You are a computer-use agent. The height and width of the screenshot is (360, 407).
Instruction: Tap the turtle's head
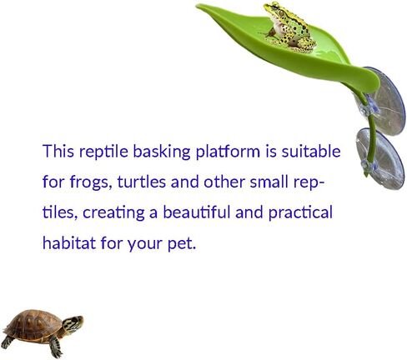point(73,323)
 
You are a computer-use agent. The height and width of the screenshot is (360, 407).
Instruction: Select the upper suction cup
point(386,102)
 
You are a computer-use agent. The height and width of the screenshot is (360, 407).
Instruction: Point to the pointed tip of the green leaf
point(197,6)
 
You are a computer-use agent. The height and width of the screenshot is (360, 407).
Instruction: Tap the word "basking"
point(162,152)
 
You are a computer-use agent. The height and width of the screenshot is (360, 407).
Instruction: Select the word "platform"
point(228,152)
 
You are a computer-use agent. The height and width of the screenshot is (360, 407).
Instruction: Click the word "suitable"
point(311,152)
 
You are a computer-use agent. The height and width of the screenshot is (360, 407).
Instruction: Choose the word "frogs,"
point(91,182)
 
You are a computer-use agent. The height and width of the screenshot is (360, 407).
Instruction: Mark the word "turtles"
point(142,182)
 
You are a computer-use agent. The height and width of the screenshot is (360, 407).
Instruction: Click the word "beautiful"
point(196,212)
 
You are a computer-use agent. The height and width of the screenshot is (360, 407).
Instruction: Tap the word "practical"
point(300,213)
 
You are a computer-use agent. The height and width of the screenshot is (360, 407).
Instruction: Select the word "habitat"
point(69,242)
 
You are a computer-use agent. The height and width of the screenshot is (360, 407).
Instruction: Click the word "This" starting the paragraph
point(58,152)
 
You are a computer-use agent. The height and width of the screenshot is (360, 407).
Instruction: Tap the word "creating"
point(113,213)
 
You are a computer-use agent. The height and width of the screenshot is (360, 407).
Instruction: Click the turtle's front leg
point(56,347)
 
